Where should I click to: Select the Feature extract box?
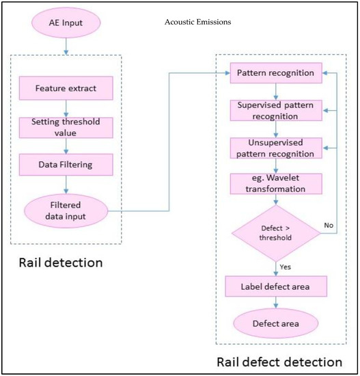click(65, 89)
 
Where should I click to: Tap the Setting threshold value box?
click(65, 127)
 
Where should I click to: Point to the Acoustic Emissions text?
click(198, 22)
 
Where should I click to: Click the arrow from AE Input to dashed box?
click(65, 45)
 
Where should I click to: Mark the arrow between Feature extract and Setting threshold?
click(65, 107)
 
